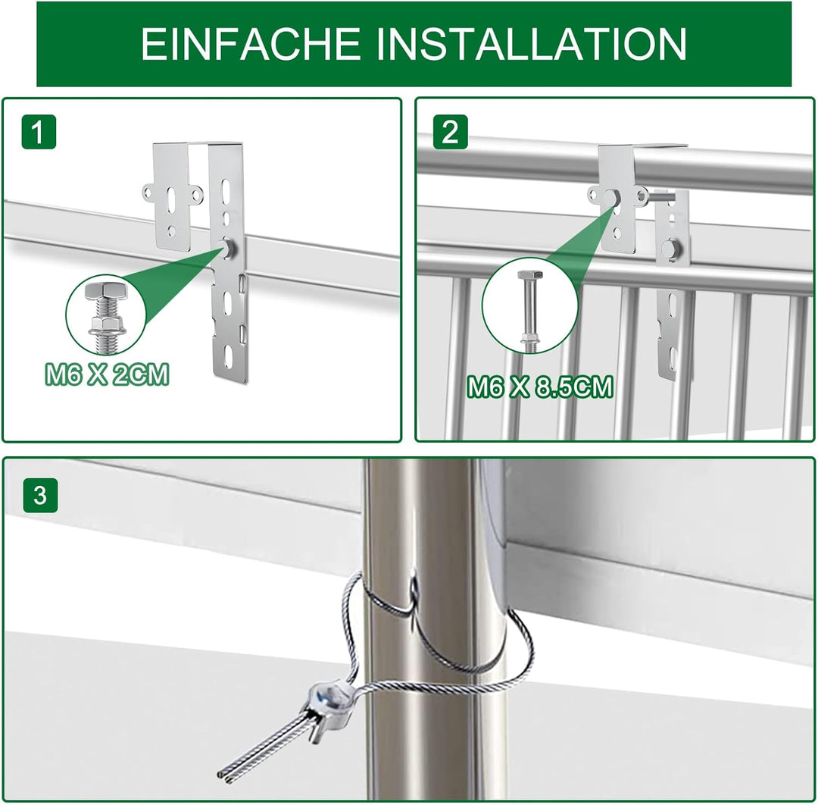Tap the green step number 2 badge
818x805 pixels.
pos(450,133)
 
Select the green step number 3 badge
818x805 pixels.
pos(39,496)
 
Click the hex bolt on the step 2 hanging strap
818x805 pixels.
pos(670,247)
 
